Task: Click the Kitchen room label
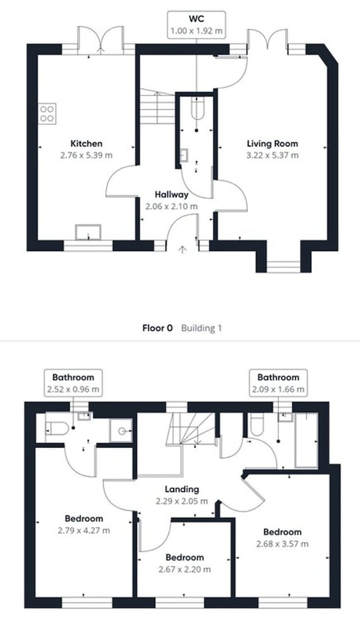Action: point(86,143)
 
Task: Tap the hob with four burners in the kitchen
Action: point(48,113)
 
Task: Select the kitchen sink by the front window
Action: point(88,233)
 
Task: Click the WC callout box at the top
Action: point(196,25)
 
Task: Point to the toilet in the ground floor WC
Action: point(197,109)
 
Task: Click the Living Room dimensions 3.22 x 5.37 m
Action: point(273,155)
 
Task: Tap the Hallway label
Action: point(172,195)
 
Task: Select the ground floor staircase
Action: point(157,107)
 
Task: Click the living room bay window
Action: point(283,267)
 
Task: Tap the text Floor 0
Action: point(158,328)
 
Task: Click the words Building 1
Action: point(201,328)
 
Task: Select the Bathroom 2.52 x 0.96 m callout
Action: point(73,383)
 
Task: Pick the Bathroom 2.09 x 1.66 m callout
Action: point(278,383)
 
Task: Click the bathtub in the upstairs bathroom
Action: point(307,440)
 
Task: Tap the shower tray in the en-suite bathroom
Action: point(121,431)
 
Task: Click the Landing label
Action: point(183,489)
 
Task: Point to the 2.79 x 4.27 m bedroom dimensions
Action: point(84,530)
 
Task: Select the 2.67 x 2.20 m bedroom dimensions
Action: point(184,569)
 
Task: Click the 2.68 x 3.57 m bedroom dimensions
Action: point(283,544)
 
